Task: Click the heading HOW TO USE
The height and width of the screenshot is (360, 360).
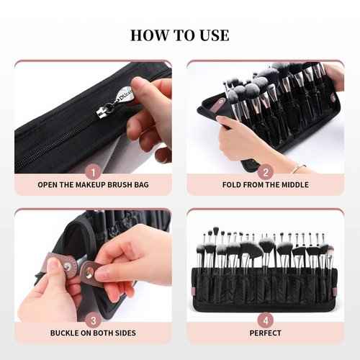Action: (x=180, y=35)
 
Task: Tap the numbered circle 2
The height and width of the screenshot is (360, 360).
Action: (x=266, y=172)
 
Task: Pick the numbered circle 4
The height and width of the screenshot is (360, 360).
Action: (x=266, y=320)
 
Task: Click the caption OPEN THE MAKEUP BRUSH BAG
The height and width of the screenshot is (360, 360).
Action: (x=93, y=185)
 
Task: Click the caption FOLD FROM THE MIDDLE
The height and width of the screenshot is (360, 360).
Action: (x=266, y=185)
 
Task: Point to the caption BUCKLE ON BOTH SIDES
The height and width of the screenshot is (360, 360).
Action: (x=93, y=334)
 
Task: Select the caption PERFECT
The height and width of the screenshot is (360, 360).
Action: (x=266, y=334)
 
